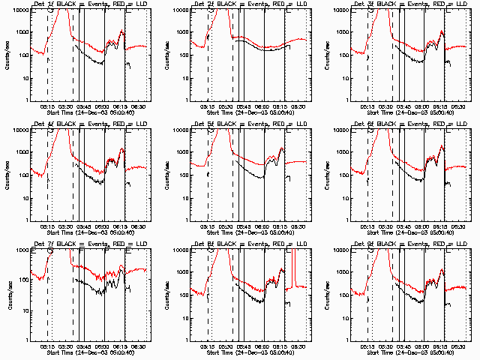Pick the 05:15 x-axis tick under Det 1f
pos(47,106)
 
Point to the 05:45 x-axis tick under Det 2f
pos(244,106)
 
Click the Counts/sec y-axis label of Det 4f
pos(7,174)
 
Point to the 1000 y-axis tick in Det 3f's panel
pos(340,33)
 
